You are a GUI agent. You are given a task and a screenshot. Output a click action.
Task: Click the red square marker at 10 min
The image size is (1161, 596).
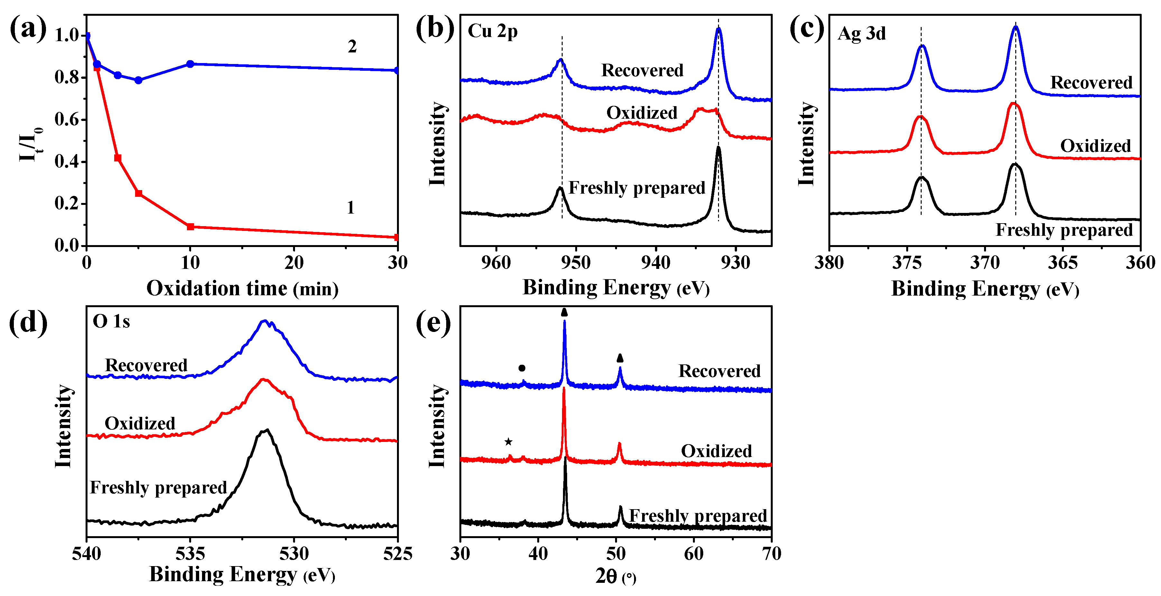tap(190, 227)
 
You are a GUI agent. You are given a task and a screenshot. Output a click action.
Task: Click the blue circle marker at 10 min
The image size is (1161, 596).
tap(190, 64)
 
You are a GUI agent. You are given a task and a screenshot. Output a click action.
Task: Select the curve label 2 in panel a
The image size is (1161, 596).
tap(352, 46)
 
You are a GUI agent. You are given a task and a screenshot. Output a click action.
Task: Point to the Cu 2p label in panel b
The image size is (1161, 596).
tap(492, 31)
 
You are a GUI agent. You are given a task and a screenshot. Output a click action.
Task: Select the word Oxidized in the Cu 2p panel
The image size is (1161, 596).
tap(642, 113)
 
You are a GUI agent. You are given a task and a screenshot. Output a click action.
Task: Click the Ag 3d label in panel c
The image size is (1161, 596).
tap(861, 33)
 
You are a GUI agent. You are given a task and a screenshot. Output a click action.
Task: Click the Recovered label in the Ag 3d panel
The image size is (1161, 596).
tap(1091, 82)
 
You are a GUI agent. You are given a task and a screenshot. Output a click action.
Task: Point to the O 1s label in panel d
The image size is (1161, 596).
tap(111, 322)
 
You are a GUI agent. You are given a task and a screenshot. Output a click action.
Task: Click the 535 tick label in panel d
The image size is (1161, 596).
tap(190, 554)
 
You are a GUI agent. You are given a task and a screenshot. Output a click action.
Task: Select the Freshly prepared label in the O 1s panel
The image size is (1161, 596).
tap(158, 487)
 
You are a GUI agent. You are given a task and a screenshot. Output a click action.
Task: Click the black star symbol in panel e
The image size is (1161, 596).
tap(508, 442)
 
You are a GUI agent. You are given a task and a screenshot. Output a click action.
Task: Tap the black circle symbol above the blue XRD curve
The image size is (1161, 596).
tap(522, 368)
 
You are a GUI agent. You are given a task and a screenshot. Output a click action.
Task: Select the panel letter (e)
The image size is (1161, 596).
tap(433, 323)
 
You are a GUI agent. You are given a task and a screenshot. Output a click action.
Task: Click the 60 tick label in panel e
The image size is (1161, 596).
tap(694, 554)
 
